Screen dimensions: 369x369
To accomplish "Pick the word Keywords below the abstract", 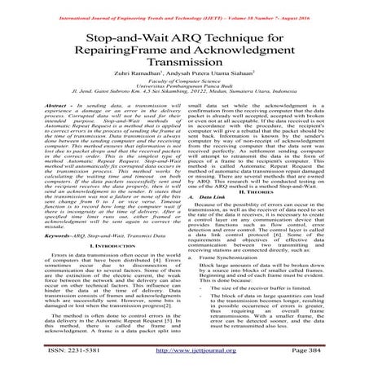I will [x=36, y=235].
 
